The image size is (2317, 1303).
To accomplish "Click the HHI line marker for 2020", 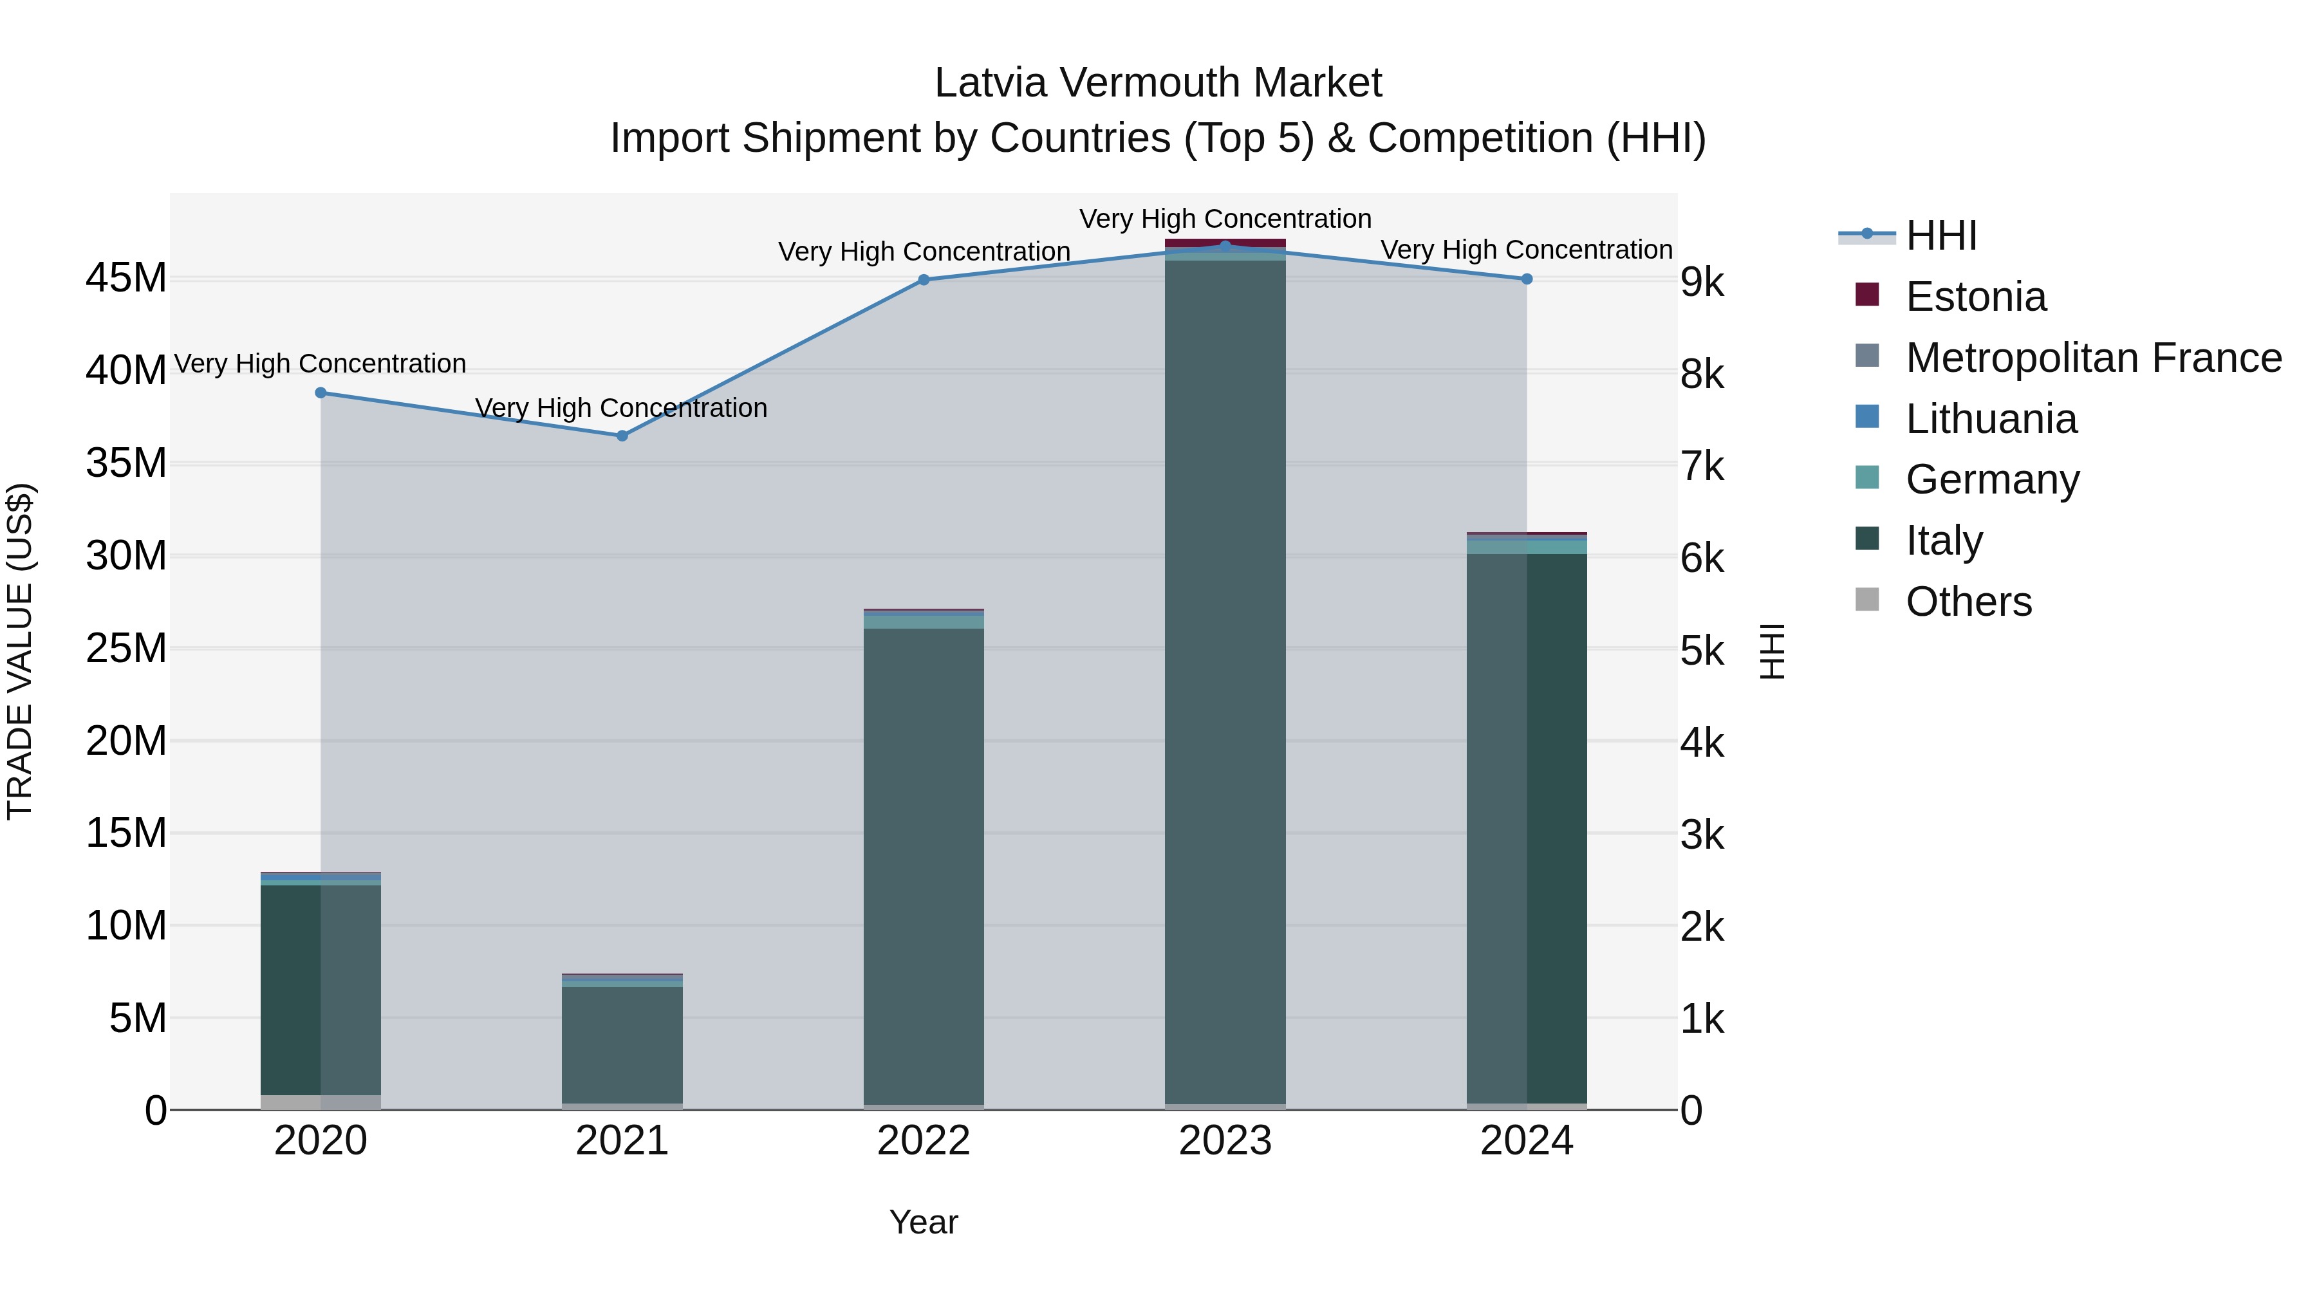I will [x=321, y=393].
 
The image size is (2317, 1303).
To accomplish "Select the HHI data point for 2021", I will [x=622, y=436].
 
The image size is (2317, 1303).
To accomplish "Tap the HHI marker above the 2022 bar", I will [x=924, y=280].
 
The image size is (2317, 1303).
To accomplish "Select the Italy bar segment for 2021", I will [x=622, y=1043].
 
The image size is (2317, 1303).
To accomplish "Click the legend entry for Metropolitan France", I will [x=2093, y=358].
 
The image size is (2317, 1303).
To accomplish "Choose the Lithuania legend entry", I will [x=1991, y=419].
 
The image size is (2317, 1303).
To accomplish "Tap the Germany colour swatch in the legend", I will [x=1867, y=478].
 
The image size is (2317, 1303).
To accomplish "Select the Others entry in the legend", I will [x=1968, y=602].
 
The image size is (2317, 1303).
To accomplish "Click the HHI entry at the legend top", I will [x=1941, y=236].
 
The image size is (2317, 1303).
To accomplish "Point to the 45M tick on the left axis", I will [x=126, y=278].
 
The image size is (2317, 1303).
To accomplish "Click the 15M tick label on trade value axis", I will [x=126, y=833].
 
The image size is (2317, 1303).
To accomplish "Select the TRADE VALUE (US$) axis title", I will [x=20, y=651].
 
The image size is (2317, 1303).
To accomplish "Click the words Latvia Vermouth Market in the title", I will [x=1158, y=83].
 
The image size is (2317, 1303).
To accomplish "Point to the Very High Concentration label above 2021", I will [x=622, y=408].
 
